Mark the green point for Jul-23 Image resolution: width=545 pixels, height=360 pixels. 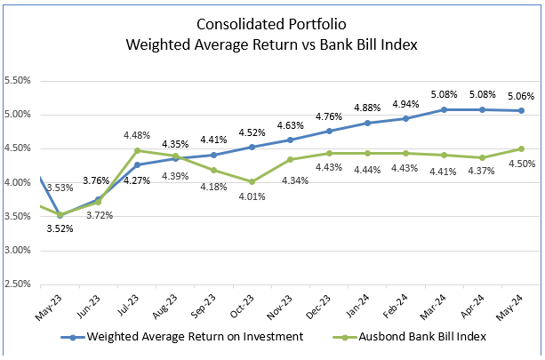coord(136,150)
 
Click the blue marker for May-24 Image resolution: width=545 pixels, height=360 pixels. coord(521,110)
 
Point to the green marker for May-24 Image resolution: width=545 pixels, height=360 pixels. coord(521,148)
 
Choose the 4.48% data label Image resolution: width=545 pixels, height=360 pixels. coord(136,135)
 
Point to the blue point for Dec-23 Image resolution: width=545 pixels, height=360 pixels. coord(329,131)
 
